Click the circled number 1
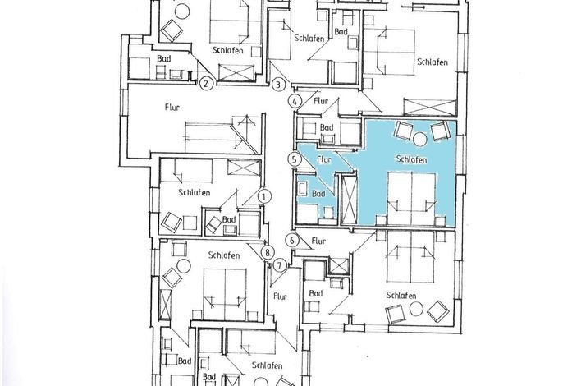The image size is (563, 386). (x=264, y=196)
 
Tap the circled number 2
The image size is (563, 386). (x=206, y=84)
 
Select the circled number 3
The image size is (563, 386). (x=278, y=85)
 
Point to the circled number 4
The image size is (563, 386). (x=295, y=101)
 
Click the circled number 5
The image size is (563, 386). (x=295, y=159)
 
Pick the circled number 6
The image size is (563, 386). (x=293, y=241)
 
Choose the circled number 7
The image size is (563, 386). (x=280, y=266)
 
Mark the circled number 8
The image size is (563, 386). (x=268, y=252)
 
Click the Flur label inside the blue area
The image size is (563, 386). (x=324, y=159)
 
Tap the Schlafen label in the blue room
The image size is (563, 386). (x=411, y=159)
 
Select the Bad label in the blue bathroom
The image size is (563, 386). (x=318, y=194)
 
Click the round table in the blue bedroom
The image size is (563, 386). (x=419, y=140)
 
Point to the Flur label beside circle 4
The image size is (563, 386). (x=321, y=101)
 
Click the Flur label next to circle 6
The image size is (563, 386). (x=318, y=241)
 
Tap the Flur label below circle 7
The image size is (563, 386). (x=280, y=296)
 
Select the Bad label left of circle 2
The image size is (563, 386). (x=164, y=58)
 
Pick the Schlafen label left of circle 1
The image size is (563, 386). (x=195, y=193)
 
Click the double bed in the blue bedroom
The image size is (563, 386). (x=411, y=199)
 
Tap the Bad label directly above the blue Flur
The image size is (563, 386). (x=327, y=127)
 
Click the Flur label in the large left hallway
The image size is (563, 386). (x=172, y=107)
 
